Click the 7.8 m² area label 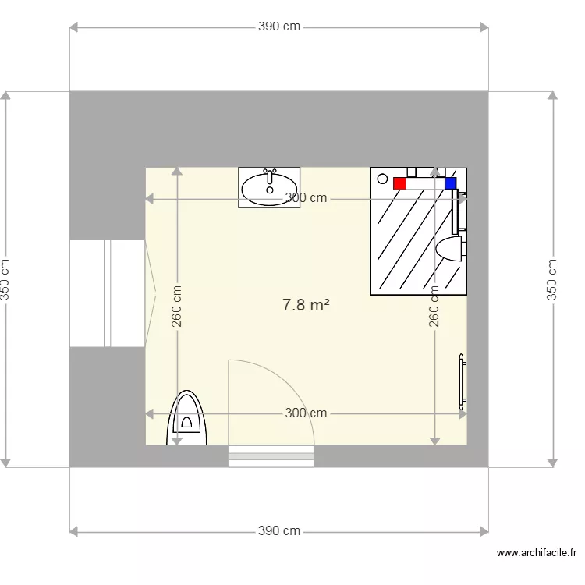[306, 305]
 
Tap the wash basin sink [269, 187]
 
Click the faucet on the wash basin [270, 176]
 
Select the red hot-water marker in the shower [399, 183]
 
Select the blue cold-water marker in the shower [450, 183]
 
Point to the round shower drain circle [382, 179]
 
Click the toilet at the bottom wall [186, 418]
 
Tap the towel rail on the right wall [463, 381]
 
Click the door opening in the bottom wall [271, 456]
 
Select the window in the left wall [107, 293]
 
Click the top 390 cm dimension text [279, 27]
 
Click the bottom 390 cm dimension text [279, 530]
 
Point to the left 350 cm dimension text [5, 279]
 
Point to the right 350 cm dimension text [551, 279]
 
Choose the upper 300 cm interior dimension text [306, 198]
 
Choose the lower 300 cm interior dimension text [306, 413]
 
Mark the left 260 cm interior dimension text [176, 307]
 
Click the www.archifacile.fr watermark [537, 552]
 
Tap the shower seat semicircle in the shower [448, 248]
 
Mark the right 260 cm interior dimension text [434, 307]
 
